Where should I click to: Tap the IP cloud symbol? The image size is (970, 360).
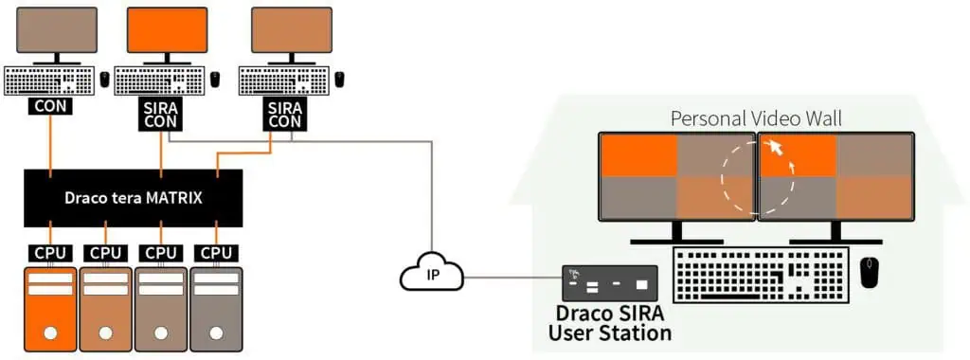point(432,276)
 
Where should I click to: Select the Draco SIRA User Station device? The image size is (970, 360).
point(609,282)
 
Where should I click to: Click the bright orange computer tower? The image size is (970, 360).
point(49,308)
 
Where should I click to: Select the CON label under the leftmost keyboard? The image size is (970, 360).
point(49,106)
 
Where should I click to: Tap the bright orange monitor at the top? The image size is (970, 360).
point(167,31)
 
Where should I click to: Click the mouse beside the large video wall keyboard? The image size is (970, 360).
point(870,275)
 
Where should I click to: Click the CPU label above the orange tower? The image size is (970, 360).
point(49,253)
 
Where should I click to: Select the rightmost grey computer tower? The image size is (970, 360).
point(217,308)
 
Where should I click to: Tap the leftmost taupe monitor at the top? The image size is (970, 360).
point(56,31)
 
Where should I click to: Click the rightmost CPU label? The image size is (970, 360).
point(217,253)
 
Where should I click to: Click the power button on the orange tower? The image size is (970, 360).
point(49,333)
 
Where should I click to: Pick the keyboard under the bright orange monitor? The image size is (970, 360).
point(158,80)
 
